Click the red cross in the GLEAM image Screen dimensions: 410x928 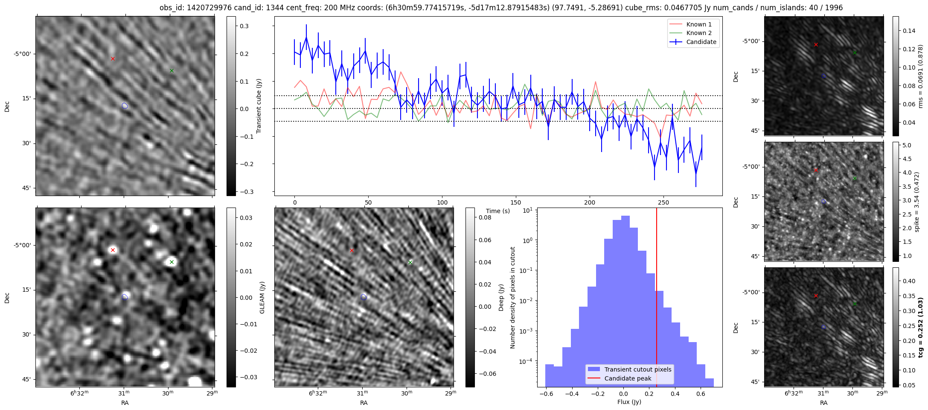click(113, 250)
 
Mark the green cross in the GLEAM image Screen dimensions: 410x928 click(172, 262)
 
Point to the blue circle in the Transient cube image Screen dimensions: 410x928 click(125, 105)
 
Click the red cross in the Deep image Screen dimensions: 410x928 click(352, 250)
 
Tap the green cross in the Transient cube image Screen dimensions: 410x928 click(172, 70)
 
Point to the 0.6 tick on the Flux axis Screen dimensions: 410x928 click(701, 394)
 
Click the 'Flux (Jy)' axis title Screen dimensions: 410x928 click(629, 402)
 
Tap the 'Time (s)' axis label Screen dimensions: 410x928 click(498, 211)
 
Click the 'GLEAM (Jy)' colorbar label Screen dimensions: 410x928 click(262, 297)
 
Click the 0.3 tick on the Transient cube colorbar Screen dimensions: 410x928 click(244, 26)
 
